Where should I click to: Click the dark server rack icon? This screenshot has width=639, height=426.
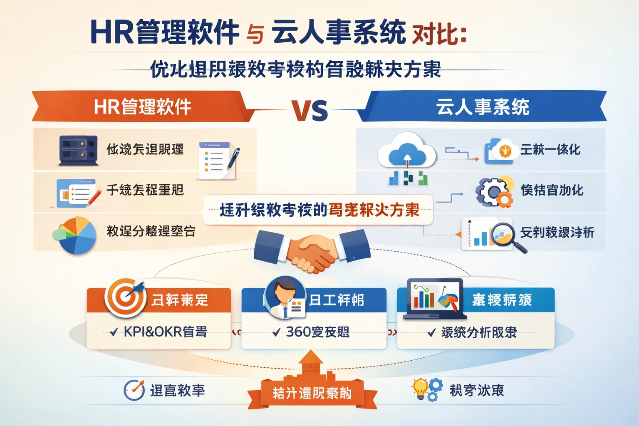pos(78,150)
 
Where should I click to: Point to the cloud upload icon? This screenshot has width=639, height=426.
pos(406,153)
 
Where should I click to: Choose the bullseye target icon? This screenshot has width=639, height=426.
pos(125,297)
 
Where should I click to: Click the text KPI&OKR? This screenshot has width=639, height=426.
pos(153,332)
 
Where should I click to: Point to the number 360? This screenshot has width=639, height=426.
pos(298,332)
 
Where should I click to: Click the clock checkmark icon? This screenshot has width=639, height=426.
pos(134,390)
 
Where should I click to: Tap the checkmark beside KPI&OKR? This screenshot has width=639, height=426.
pos(114,332)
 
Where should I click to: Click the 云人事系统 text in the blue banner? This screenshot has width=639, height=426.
pos(483,107)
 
